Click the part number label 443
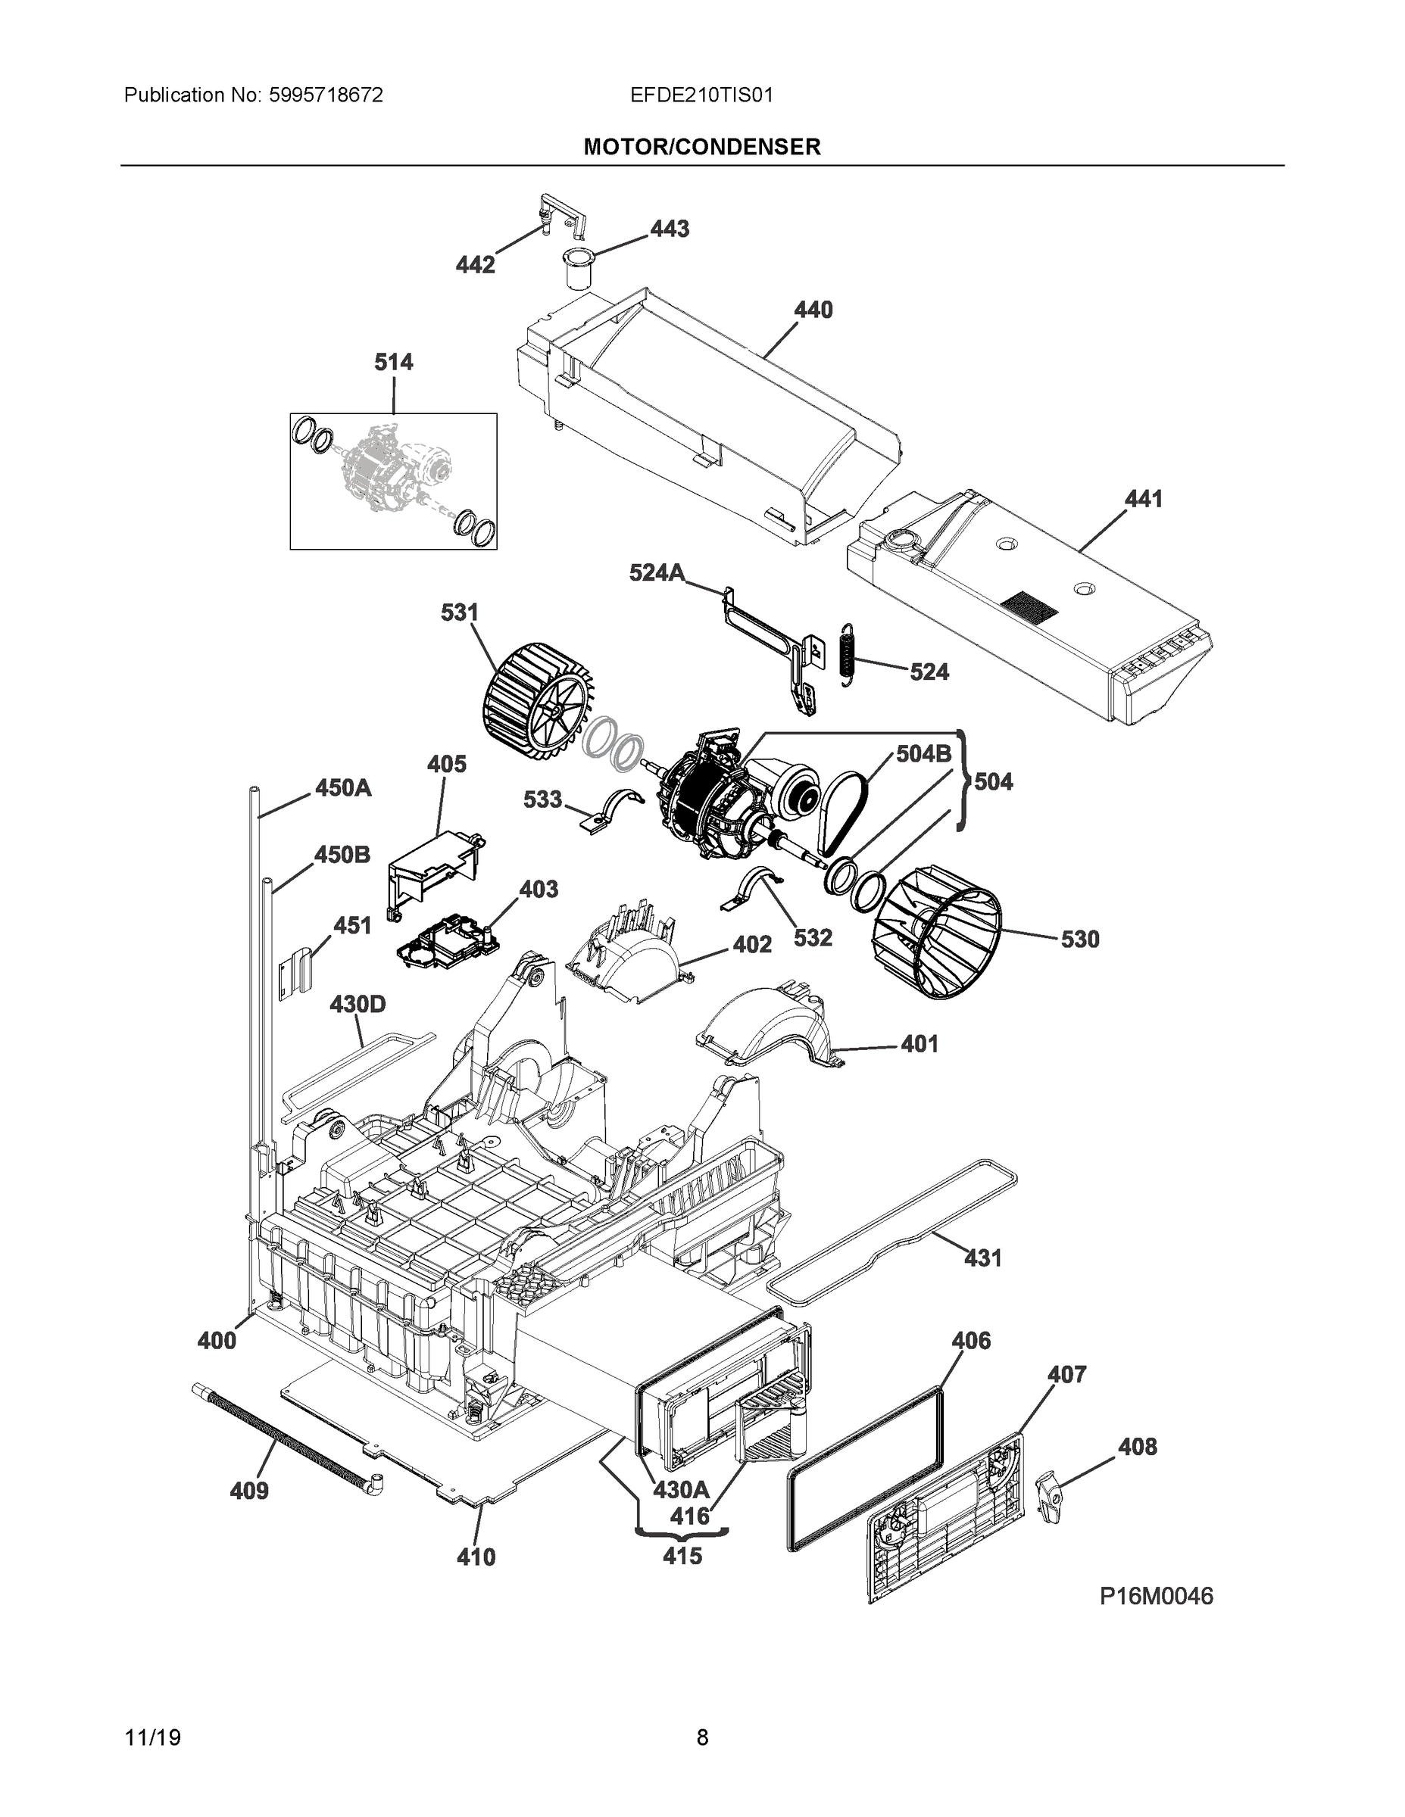click(670, 229)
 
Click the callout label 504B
click(923, 754)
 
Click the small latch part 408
click(1050, 1497)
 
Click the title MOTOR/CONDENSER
click(701, 148)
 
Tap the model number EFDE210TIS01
click(701, 95)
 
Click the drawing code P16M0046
click(1156, 1597)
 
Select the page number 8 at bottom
click(701, 1738)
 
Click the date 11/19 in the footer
click(152, 1738)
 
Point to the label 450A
click(343, 788)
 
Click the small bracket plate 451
click(293, 972)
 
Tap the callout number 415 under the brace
click(682, 1556)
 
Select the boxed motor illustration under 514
click(393, 481)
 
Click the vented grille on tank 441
click(1029, 606)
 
